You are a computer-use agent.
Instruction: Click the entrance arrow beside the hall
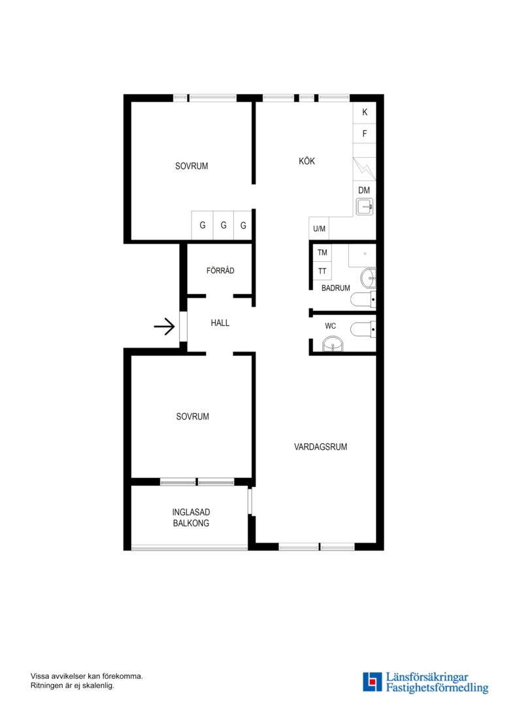164,326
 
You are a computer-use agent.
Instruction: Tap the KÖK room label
307,161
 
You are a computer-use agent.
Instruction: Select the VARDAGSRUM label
321,447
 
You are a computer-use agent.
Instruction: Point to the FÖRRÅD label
220,270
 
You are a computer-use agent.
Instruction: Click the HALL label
220,323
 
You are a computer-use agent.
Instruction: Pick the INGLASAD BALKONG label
191,518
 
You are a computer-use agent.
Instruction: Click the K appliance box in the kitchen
364,113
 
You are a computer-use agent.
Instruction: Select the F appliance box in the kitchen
364,134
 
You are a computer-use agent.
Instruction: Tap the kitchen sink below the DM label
365,207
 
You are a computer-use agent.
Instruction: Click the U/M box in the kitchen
319,228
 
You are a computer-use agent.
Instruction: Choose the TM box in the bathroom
322,253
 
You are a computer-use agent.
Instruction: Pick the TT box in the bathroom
322,271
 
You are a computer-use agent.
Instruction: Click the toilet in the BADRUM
363,299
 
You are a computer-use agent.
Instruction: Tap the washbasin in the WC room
333,344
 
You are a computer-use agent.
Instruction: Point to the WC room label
330,326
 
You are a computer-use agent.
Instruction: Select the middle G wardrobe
224,225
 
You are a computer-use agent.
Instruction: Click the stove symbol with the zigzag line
364,169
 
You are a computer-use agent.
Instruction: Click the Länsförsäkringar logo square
372,681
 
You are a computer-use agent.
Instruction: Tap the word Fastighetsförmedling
437,688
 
